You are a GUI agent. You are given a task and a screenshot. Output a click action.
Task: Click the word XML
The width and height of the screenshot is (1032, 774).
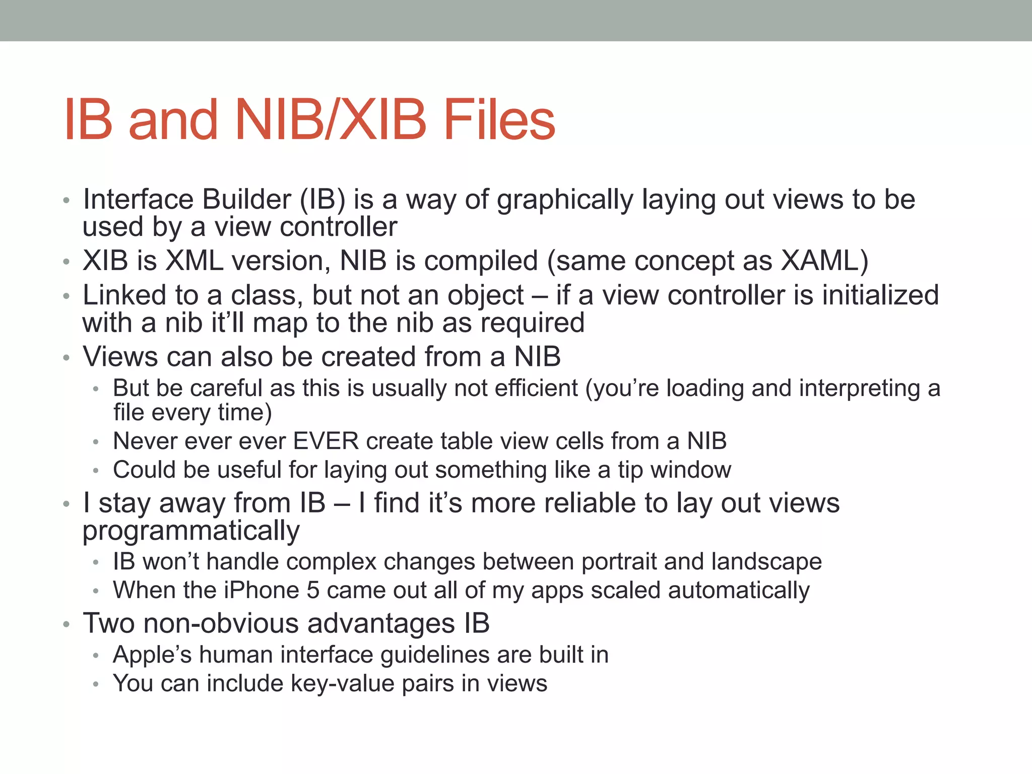click(x=195, y=261)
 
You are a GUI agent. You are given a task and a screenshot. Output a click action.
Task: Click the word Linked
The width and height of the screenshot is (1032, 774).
click(x=124, y=295)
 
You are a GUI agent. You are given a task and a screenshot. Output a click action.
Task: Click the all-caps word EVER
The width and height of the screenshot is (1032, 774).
click(x=326, y=441)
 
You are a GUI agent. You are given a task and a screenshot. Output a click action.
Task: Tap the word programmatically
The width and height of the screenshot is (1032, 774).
click(x=191, y=532)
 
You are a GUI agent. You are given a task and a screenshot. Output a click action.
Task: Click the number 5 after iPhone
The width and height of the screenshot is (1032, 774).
click(x=313, y=591)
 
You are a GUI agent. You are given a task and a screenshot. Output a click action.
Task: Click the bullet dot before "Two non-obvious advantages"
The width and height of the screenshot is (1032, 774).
click(x=66, y=625)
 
